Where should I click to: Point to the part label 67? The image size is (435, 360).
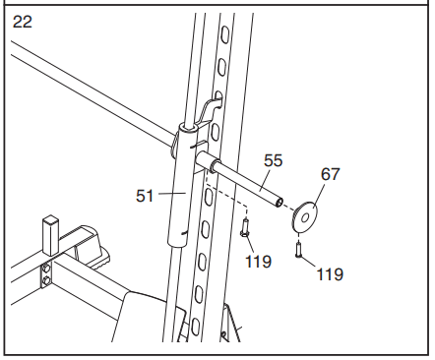330,174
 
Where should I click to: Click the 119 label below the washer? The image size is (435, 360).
330,274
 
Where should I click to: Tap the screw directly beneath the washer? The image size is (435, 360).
298,250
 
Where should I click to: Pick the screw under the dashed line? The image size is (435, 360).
243,228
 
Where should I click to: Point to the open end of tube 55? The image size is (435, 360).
280,204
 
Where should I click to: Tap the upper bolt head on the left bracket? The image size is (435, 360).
45,267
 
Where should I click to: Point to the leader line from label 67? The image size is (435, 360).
318,192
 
